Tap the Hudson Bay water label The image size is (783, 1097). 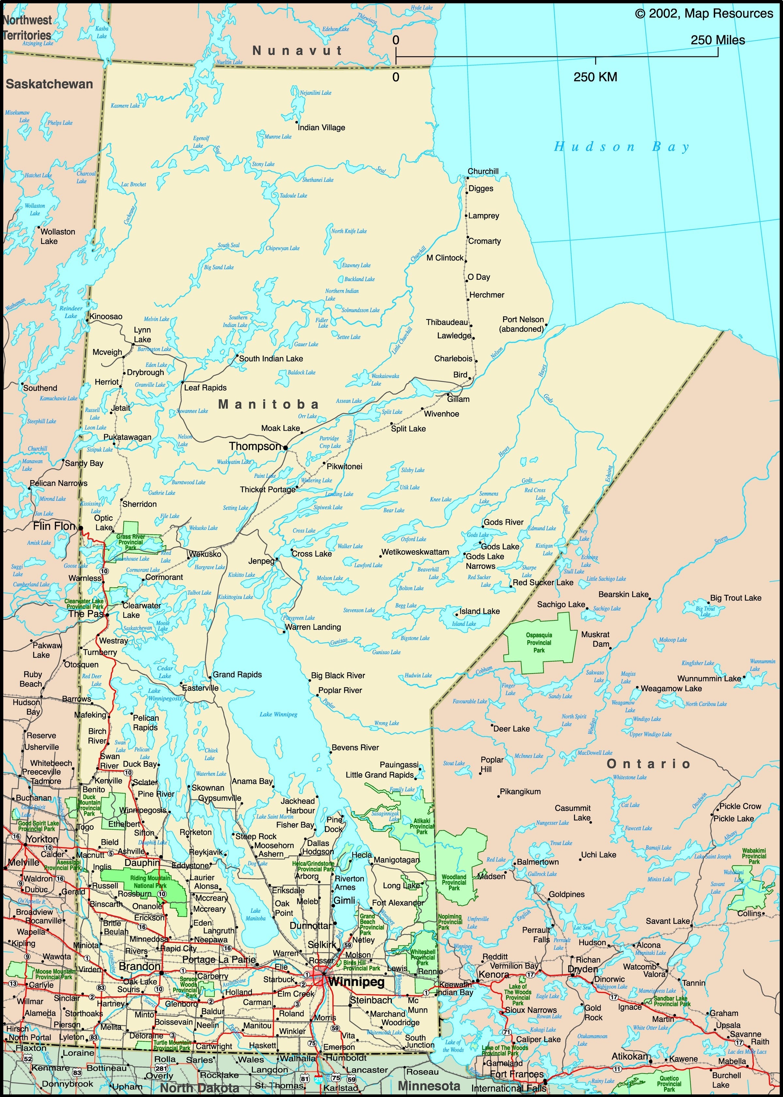coord(622,147)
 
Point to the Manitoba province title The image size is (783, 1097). coord(268,404)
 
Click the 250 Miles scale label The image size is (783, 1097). coord(717,40)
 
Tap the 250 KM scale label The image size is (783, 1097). coord(595,77)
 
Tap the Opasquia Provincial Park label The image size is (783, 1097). coord(539,643)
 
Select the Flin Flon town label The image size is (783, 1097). coord(54,526)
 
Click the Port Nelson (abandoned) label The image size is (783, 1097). coord(522,324)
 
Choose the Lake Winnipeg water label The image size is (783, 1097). coord(278,715)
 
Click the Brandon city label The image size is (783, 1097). coord(139,967)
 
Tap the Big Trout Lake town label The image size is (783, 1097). coord(735,598)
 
